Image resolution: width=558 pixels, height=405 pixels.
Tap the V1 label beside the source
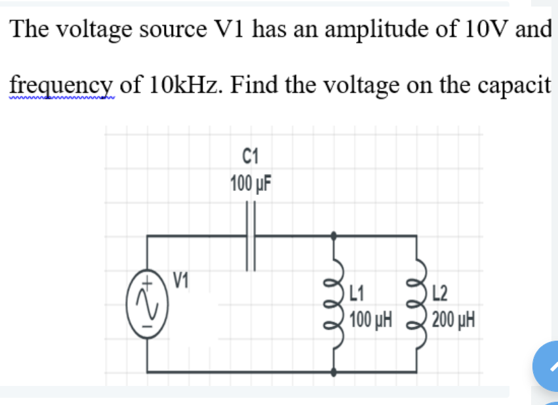tap(181, 280)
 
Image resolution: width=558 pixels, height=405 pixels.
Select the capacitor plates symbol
tap(250, 235)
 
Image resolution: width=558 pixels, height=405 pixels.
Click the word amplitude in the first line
tap(369, 30)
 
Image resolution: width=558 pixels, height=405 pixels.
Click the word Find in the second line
tap(257, 85)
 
